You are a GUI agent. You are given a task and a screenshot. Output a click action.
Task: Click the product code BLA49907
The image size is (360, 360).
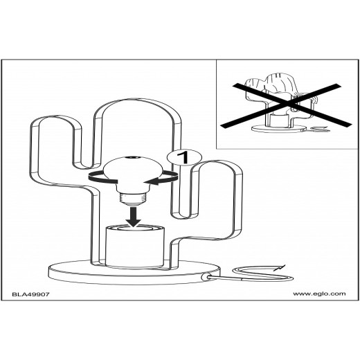[30, 294]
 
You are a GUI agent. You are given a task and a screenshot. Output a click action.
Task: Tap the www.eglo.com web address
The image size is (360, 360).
[319, 294]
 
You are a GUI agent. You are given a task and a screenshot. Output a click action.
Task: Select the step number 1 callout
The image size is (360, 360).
[184, 157]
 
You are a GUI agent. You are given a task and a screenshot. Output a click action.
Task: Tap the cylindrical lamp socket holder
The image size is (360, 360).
[135, 247]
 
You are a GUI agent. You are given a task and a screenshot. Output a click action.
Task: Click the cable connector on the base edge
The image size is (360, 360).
[205, 277]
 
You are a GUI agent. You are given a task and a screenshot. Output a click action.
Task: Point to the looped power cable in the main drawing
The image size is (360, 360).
[256, 274]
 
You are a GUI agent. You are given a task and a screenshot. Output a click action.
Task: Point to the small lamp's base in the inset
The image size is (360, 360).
[279, 128]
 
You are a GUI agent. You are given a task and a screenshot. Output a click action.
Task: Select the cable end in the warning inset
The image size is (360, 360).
[320, 129]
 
